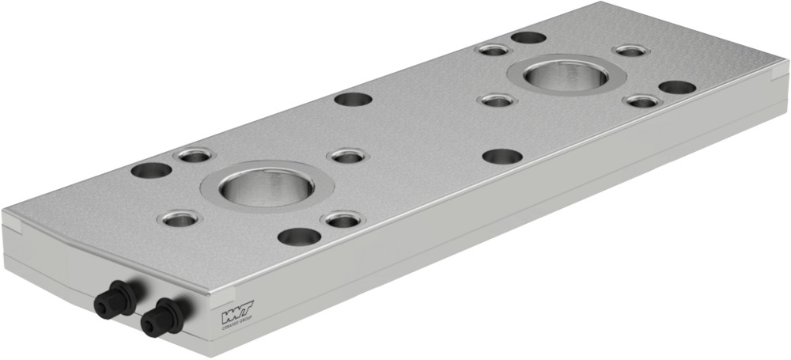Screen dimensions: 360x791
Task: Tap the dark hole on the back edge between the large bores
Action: pyautogui.click(x=354, y=100)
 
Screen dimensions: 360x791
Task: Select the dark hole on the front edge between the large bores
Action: pyautogui.click(x=502, y=157)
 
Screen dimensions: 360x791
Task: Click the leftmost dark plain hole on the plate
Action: pyautogui.click(x=151, y=170)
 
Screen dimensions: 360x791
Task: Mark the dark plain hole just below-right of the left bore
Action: pyautogui.click(x=300, y=236)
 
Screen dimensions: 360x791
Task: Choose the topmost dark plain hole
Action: pyautogui.click(x=528, y=37)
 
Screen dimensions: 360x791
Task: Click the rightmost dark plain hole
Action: pyautogui.click(x=677, y=87)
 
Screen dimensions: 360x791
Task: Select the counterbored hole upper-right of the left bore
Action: pyautogui.click(x=346, y=157)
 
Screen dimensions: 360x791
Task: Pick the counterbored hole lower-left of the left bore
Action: pyautogui.click(x=180, y=219)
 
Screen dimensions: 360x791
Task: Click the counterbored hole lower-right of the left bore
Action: pyautogui.click(x=343, y=219)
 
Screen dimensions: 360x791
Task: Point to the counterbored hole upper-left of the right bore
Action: pyautogui.click(x=494, y=51)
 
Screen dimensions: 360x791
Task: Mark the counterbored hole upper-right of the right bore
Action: pyautogui.click(x=631, y=51)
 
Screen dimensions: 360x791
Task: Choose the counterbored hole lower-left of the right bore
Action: pyautogui.click(x=498, y=100)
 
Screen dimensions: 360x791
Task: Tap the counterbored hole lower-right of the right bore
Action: pyautogui.click(x=642, y=101)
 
